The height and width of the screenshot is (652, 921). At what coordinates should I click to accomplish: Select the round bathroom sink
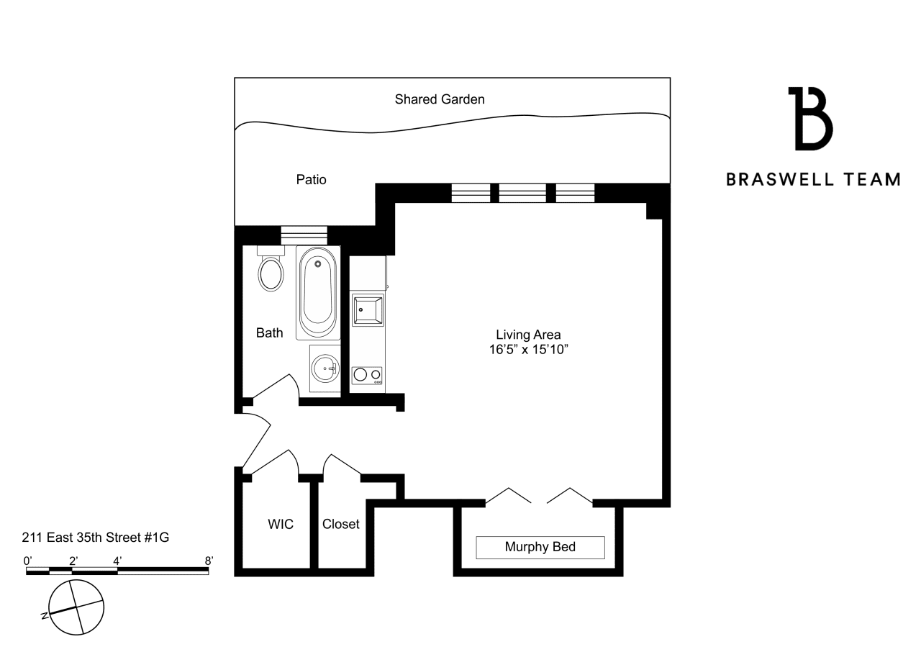pos(325,368)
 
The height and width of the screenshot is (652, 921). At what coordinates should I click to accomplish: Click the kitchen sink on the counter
pos(368,309)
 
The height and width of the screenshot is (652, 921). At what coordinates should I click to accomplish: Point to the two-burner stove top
pos(367,375)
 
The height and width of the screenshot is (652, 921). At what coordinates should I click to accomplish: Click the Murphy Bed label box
pos(540,548)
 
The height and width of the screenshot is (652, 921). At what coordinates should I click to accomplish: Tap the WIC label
pos(281,524)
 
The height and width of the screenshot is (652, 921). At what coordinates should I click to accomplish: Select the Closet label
pos(341,524)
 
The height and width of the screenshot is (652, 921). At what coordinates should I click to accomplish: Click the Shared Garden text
pos(440,99)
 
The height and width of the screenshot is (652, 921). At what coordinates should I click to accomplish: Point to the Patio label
pos(312,179)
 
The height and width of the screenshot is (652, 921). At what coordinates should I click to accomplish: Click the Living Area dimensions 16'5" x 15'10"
pos(528,350)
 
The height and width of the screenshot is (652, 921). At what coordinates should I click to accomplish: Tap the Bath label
pos(270,333)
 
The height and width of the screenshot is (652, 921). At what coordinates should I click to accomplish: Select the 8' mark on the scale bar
pos(209,561)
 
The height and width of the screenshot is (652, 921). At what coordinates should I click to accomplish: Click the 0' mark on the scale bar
pos(28,561)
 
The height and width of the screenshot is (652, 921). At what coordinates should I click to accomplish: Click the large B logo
pos(812,119)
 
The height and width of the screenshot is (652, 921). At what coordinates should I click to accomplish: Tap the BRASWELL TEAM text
pos(813,179)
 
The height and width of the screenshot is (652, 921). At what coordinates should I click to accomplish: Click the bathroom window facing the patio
pos(304,235)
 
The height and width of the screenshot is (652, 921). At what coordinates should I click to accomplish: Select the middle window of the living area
pos(522,193)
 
